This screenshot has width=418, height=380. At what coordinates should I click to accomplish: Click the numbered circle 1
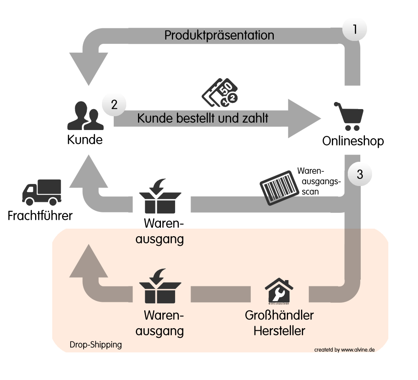(354, 29)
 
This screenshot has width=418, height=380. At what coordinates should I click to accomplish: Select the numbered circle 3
(360, 174)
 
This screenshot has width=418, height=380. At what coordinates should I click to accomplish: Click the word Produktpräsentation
(219, 35)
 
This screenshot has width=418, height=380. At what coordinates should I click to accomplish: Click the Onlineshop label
(353, 141)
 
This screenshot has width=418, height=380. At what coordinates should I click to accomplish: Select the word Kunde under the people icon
(85, 139)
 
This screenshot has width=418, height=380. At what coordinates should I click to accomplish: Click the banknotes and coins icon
(220, 92)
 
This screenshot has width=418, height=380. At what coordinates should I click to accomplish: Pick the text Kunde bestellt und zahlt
(203, 118)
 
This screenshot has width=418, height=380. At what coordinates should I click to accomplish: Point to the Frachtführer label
(40, 216)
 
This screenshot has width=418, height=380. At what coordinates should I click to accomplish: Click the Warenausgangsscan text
(319, 181)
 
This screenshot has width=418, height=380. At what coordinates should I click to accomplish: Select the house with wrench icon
(279, 291)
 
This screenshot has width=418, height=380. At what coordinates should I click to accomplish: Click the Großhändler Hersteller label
(279, 322)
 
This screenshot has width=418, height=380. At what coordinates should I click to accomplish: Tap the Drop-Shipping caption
(96, 345)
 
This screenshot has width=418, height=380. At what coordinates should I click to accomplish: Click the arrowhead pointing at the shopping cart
(303, 118)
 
